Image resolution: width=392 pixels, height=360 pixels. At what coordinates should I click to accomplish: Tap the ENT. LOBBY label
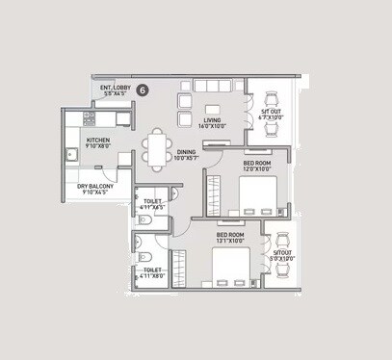(115, 87)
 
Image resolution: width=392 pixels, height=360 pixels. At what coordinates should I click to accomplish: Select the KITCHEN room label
(99, 140)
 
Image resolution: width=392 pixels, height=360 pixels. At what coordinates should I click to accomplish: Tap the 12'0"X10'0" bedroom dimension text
(255, 170)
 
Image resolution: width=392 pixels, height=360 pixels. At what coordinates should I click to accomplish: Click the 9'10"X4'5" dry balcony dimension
(97, 193)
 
